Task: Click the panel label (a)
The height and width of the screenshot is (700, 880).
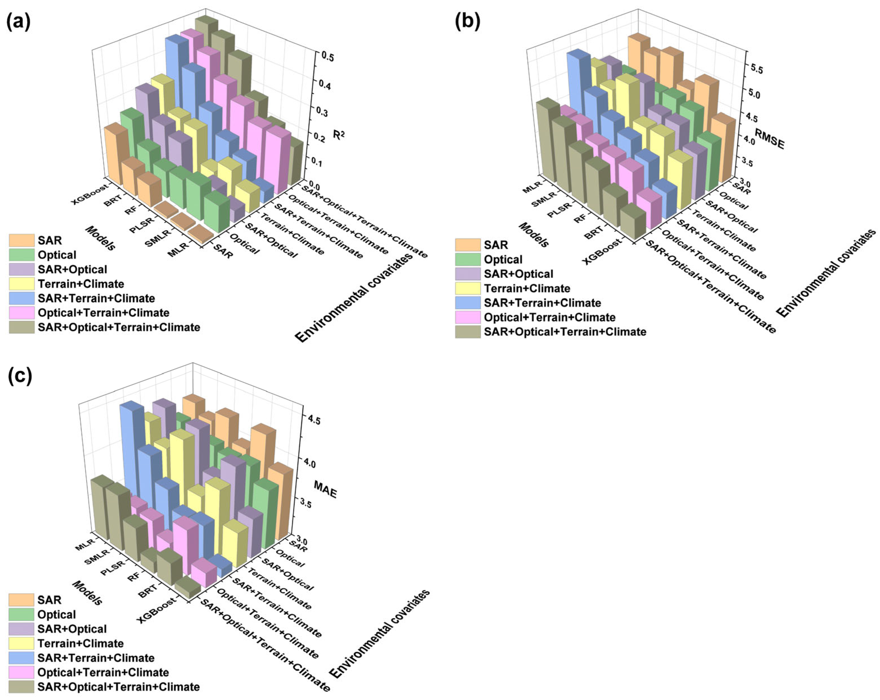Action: [x=18, y=22]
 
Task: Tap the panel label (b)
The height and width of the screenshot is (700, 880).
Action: [x=467, y=22]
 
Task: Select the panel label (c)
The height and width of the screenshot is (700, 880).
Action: [x=20, y=376]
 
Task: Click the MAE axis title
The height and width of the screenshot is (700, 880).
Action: [x=325, y=489]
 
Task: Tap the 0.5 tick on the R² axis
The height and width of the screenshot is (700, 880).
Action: [x=327, y=57]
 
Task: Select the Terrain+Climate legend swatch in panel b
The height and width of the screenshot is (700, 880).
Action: [x=468, y=288]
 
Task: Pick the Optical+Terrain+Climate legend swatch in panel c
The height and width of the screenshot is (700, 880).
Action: [x=21, y=672]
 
